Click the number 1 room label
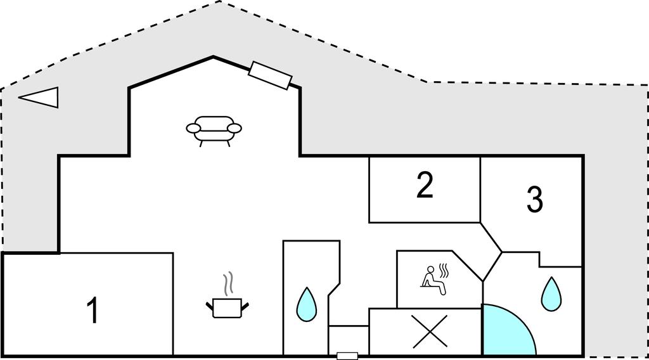coord(93,311)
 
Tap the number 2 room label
coord(425,185)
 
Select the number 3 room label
coord(535,200)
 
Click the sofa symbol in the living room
coord(214,129)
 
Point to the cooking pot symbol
coord(227,307)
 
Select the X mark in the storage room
coord(430,331)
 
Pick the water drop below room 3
coord(551,293)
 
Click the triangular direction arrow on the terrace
coord(39,97)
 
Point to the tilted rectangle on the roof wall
coord(271,75)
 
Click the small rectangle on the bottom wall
coord(347,356)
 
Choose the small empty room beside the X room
coord(349,339)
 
